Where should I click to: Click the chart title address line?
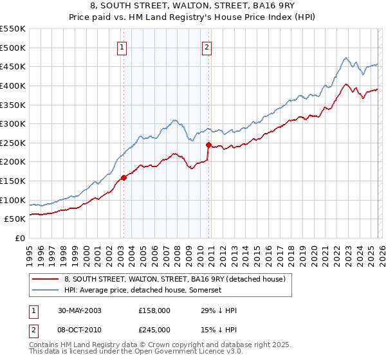click(193, 6)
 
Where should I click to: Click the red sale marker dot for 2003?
click(124, 178)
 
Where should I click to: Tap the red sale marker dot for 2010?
click(208, 145)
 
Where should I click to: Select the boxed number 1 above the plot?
click(122, 46)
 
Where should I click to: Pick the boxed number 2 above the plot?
click(207, 46)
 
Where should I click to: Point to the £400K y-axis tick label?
click(13, 85)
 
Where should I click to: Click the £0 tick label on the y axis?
click(20, 238)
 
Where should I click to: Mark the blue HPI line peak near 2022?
click(346, 57)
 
